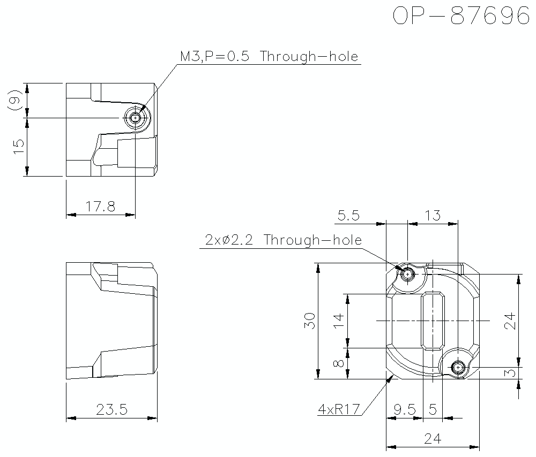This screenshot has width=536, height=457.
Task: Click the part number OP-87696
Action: tap(460, 16)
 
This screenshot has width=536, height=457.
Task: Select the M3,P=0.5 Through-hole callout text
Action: tap(269, 57)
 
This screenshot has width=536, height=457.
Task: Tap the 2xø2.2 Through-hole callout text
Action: tap(283, 240)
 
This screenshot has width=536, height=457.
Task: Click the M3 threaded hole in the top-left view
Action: tap(136, 117)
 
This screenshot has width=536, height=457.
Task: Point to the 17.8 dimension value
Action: tap(100, 206)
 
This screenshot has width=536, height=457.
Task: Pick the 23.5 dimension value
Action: tap(111, 410)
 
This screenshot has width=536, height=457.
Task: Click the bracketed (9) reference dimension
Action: tap(16, 101)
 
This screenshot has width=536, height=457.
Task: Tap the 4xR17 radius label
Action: tap(338, 409)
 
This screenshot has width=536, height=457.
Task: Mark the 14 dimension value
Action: tap(338, 321)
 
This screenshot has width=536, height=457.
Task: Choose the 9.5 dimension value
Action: tap(404, 409)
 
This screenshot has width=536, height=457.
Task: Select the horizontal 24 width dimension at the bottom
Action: tap(433, 439)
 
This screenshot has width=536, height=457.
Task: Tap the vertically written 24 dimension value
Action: tap(510, 321)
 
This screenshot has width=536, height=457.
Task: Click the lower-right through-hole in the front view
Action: tap(458, 368)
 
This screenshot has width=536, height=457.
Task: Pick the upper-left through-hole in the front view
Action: tap(408, 274)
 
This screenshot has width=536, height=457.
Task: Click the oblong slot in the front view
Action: tap(433, 321)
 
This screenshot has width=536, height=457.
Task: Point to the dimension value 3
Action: tap(510, 373)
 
